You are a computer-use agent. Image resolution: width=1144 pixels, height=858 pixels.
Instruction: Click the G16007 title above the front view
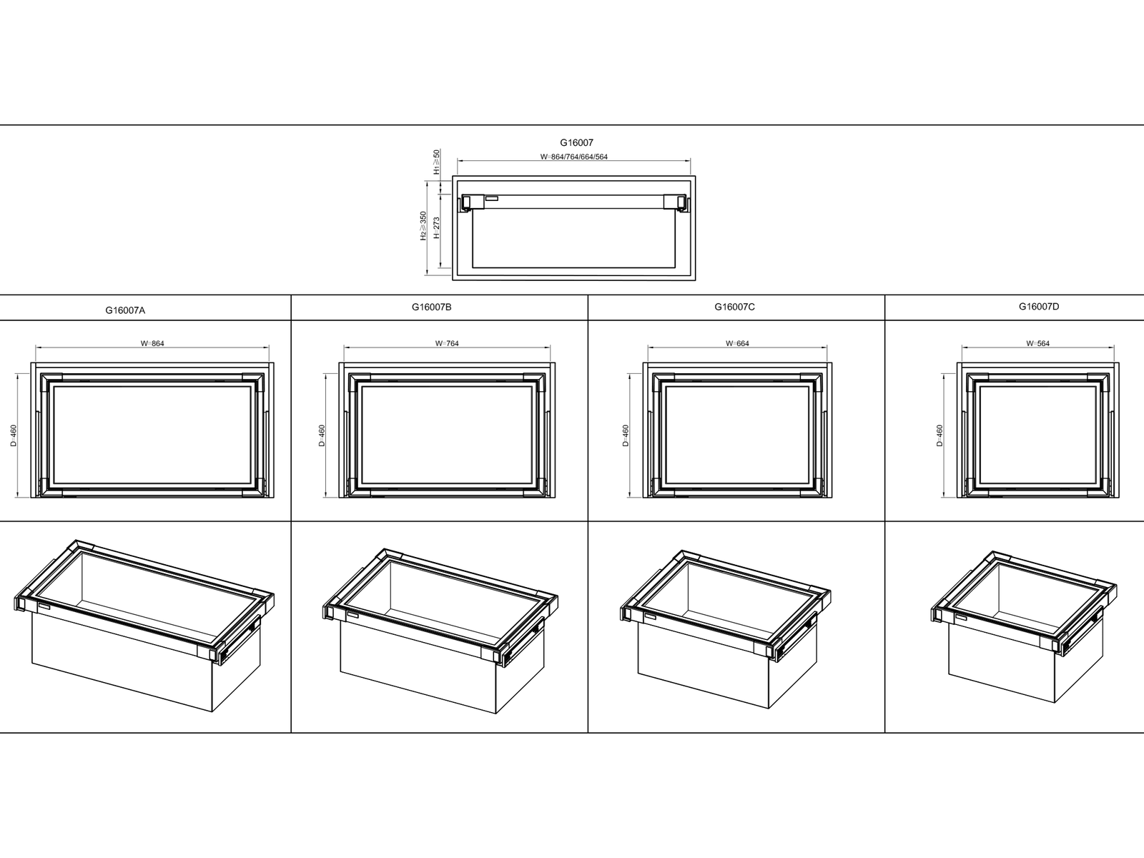coord(576,142)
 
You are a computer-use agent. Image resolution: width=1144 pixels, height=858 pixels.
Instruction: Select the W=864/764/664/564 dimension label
coord(574,157)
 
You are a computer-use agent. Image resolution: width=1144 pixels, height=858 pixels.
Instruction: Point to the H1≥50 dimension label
coord(437,162)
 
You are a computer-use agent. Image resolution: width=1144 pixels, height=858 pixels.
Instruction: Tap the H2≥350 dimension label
coord(423,225)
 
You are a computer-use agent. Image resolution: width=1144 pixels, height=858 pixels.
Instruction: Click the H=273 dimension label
coord(437,227)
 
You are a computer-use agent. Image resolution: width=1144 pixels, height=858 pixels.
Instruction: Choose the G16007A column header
coord(125,310)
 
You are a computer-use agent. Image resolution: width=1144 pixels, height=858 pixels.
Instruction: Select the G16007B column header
coord(432,307)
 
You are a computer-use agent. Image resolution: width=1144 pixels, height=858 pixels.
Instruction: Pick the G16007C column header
coord(734,307)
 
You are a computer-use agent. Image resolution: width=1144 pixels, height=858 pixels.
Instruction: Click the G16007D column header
coord(1039,306)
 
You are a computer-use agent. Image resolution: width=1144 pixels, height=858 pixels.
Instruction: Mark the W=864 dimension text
coord(152,343)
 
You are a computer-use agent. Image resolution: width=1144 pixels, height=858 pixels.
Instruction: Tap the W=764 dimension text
coord(447,343)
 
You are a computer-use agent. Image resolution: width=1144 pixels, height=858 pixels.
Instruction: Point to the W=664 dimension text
coord(737,343)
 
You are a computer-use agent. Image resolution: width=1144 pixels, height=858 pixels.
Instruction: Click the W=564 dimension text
coord(1037,343)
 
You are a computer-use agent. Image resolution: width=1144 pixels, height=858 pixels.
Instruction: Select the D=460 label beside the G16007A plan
coord(14,435)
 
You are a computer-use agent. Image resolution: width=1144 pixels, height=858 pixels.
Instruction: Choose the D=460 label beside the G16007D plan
coord(940,435)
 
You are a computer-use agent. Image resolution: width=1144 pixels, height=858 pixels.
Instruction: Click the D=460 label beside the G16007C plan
coord(626,435)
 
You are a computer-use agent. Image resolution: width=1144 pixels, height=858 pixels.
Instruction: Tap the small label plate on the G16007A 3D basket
coord(44,607)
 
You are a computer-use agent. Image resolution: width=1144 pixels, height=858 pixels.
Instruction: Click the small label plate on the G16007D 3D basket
coord(962,618)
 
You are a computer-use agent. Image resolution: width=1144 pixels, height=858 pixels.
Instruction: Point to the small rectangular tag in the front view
coord(491,199)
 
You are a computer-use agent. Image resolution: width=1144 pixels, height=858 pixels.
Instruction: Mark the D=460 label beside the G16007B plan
coord(322,435)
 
